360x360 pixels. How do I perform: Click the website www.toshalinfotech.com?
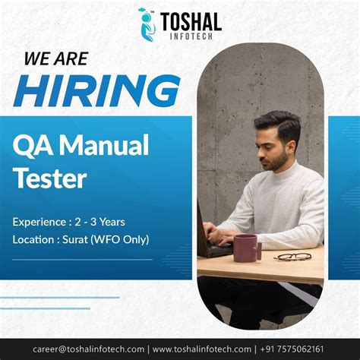click(x=213, y=349)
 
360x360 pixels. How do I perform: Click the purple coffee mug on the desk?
click(x=246, y=247)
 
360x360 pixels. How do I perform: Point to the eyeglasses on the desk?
click(x=292, y=257)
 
